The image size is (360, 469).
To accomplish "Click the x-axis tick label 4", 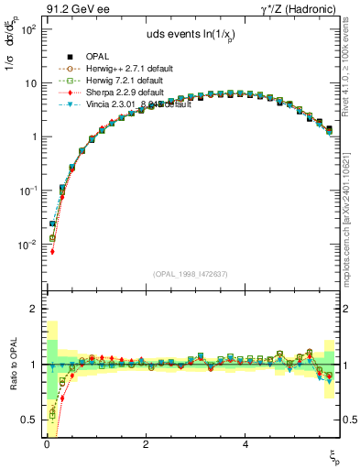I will pyautogui.click(x=245, y=443).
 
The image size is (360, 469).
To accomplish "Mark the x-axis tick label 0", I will pyautogui.click(x=46, y=443).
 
